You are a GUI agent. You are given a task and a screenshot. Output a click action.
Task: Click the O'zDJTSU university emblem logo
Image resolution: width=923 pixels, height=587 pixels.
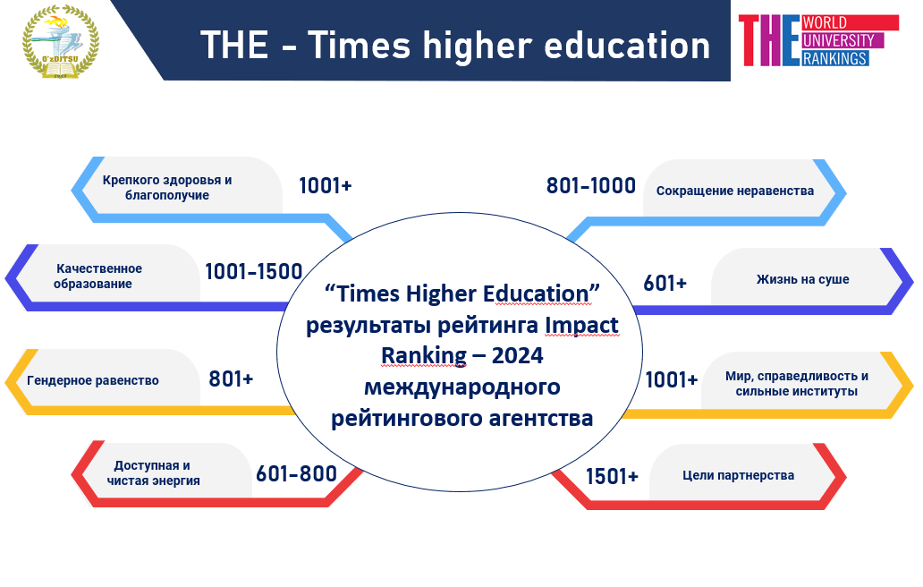click(x=61, y=41)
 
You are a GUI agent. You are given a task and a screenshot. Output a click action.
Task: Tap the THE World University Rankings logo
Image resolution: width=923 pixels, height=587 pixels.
click(x=819, y=40)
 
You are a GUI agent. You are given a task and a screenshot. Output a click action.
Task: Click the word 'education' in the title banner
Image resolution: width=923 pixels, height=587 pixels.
click(x=627, y=46)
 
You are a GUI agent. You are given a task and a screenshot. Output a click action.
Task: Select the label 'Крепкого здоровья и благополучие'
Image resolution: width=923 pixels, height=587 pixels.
click(x=167, y=187)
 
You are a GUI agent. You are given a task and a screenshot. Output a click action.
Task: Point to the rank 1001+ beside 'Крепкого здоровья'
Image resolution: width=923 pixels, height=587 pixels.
click(x=326, y=186)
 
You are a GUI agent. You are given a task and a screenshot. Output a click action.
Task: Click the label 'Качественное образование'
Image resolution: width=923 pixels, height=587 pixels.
click(x=98, y=276)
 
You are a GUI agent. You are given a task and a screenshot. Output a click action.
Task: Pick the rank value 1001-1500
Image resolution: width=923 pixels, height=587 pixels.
click(x=254, y=271)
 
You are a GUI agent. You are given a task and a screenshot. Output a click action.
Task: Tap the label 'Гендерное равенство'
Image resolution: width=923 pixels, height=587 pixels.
click(x=93, y=380)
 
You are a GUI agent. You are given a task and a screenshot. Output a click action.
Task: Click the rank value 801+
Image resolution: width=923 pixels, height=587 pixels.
click(x=231, y=379)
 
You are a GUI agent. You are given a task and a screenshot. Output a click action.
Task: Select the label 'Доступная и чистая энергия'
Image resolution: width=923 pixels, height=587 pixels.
click(x=153, y=472)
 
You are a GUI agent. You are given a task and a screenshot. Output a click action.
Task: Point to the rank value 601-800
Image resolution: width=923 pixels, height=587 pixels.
click(x=296, y=473)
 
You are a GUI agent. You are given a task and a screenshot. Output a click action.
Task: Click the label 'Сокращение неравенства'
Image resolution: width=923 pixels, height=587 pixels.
click(x=735, y=191)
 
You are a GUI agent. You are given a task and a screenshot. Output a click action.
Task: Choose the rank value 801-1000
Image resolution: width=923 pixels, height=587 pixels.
click(x=591, y=186)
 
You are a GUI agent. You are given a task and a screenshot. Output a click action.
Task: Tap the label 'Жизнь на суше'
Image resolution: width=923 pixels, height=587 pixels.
click(x=803, y=279)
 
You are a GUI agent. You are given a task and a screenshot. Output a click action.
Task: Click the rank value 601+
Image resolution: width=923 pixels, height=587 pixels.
click(x=665, y=283)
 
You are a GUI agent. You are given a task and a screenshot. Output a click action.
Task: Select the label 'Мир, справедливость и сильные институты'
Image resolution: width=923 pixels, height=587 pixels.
click(x=796, y=383)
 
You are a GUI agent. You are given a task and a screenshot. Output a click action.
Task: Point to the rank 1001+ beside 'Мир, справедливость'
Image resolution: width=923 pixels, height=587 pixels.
click(x=672, y=379)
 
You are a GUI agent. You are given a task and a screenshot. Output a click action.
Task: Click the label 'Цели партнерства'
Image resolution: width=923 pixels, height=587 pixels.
click(x=738, y=475)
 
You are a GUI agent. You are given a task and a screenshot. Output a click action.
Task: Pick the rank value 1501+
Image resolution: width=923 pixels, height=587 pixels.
click(x=612, y=476)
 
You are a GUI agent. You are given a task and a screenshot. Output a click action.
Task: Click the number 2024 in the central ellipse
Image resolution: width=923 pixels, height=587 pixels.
click(x=518, y=355)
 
